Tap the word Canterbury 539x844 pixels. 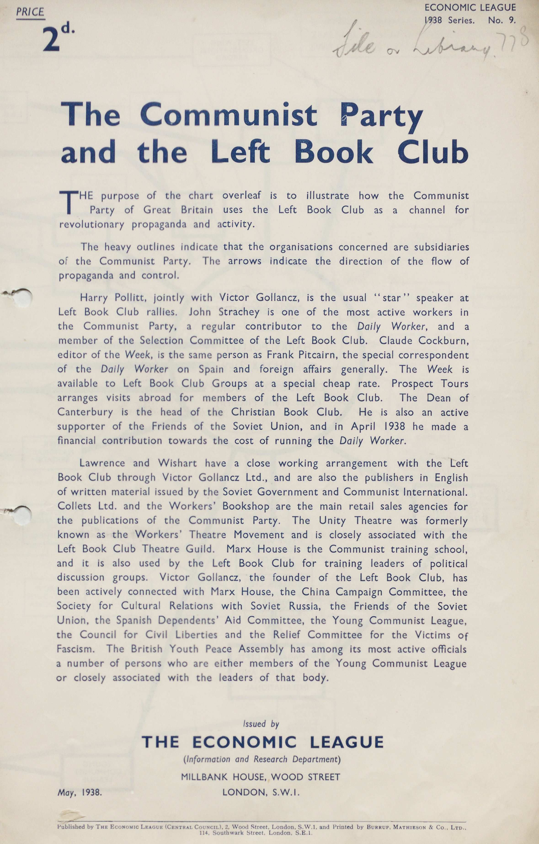coord(85,412)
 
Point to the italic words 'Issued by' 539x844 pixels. coord(261,724)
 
